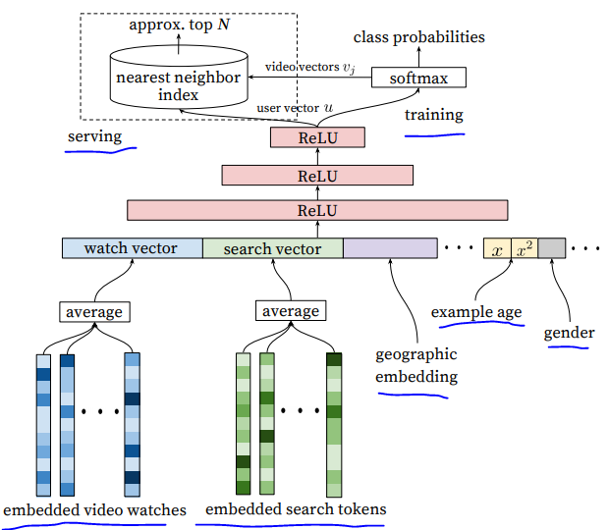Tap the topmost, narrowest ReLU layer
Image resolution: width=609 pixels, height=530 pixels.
point(317,137)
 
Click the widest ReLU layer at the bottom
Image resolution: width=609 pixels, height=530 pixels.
point(317,210)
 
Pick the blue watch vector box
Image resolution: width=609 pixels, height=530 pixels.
point(133,248)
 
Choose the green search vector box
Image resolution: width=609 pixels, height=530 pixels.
point(272,248)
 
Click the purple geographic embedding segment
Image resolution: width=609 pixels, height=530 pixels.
point(390,248)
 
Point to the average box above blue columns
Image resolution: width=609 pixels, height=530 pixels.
point(94,311)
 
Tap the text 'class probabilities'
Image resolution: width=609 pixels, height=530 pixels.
point(419,37)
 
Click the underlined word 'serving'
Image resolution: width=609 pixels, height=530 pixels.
point(94,136)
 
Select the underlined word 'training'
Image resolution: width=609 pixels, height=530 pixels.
point(433,115)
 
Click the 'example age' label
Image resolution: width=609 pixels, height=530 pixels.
point(476,313)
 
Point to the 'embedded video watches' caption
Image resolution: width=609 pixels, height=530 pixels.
point(94,509)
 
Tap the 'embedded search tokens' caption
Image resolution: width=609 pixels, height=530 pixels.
point(296,508)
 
